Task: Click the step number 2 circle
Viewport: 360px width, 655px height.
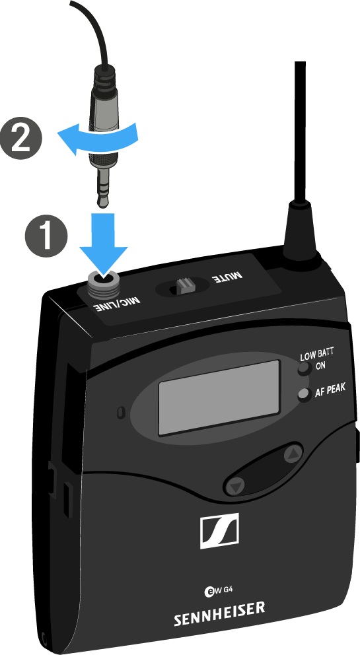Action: (21, 137)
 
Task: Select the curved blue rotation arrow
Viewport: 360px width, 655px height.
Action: (97, 136)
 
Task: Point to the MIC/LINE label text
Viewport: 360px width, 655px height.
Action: (116, 305)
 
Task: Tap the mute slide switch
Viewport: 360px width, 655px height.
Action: (183, 287)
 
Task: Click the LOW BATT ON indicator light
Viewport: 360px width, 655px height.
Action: (304, 369)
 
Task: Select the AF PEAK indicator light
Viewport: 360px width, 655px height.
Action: (305, 394)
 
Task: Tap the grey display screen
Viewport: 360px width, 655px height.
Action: (219, 397)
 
